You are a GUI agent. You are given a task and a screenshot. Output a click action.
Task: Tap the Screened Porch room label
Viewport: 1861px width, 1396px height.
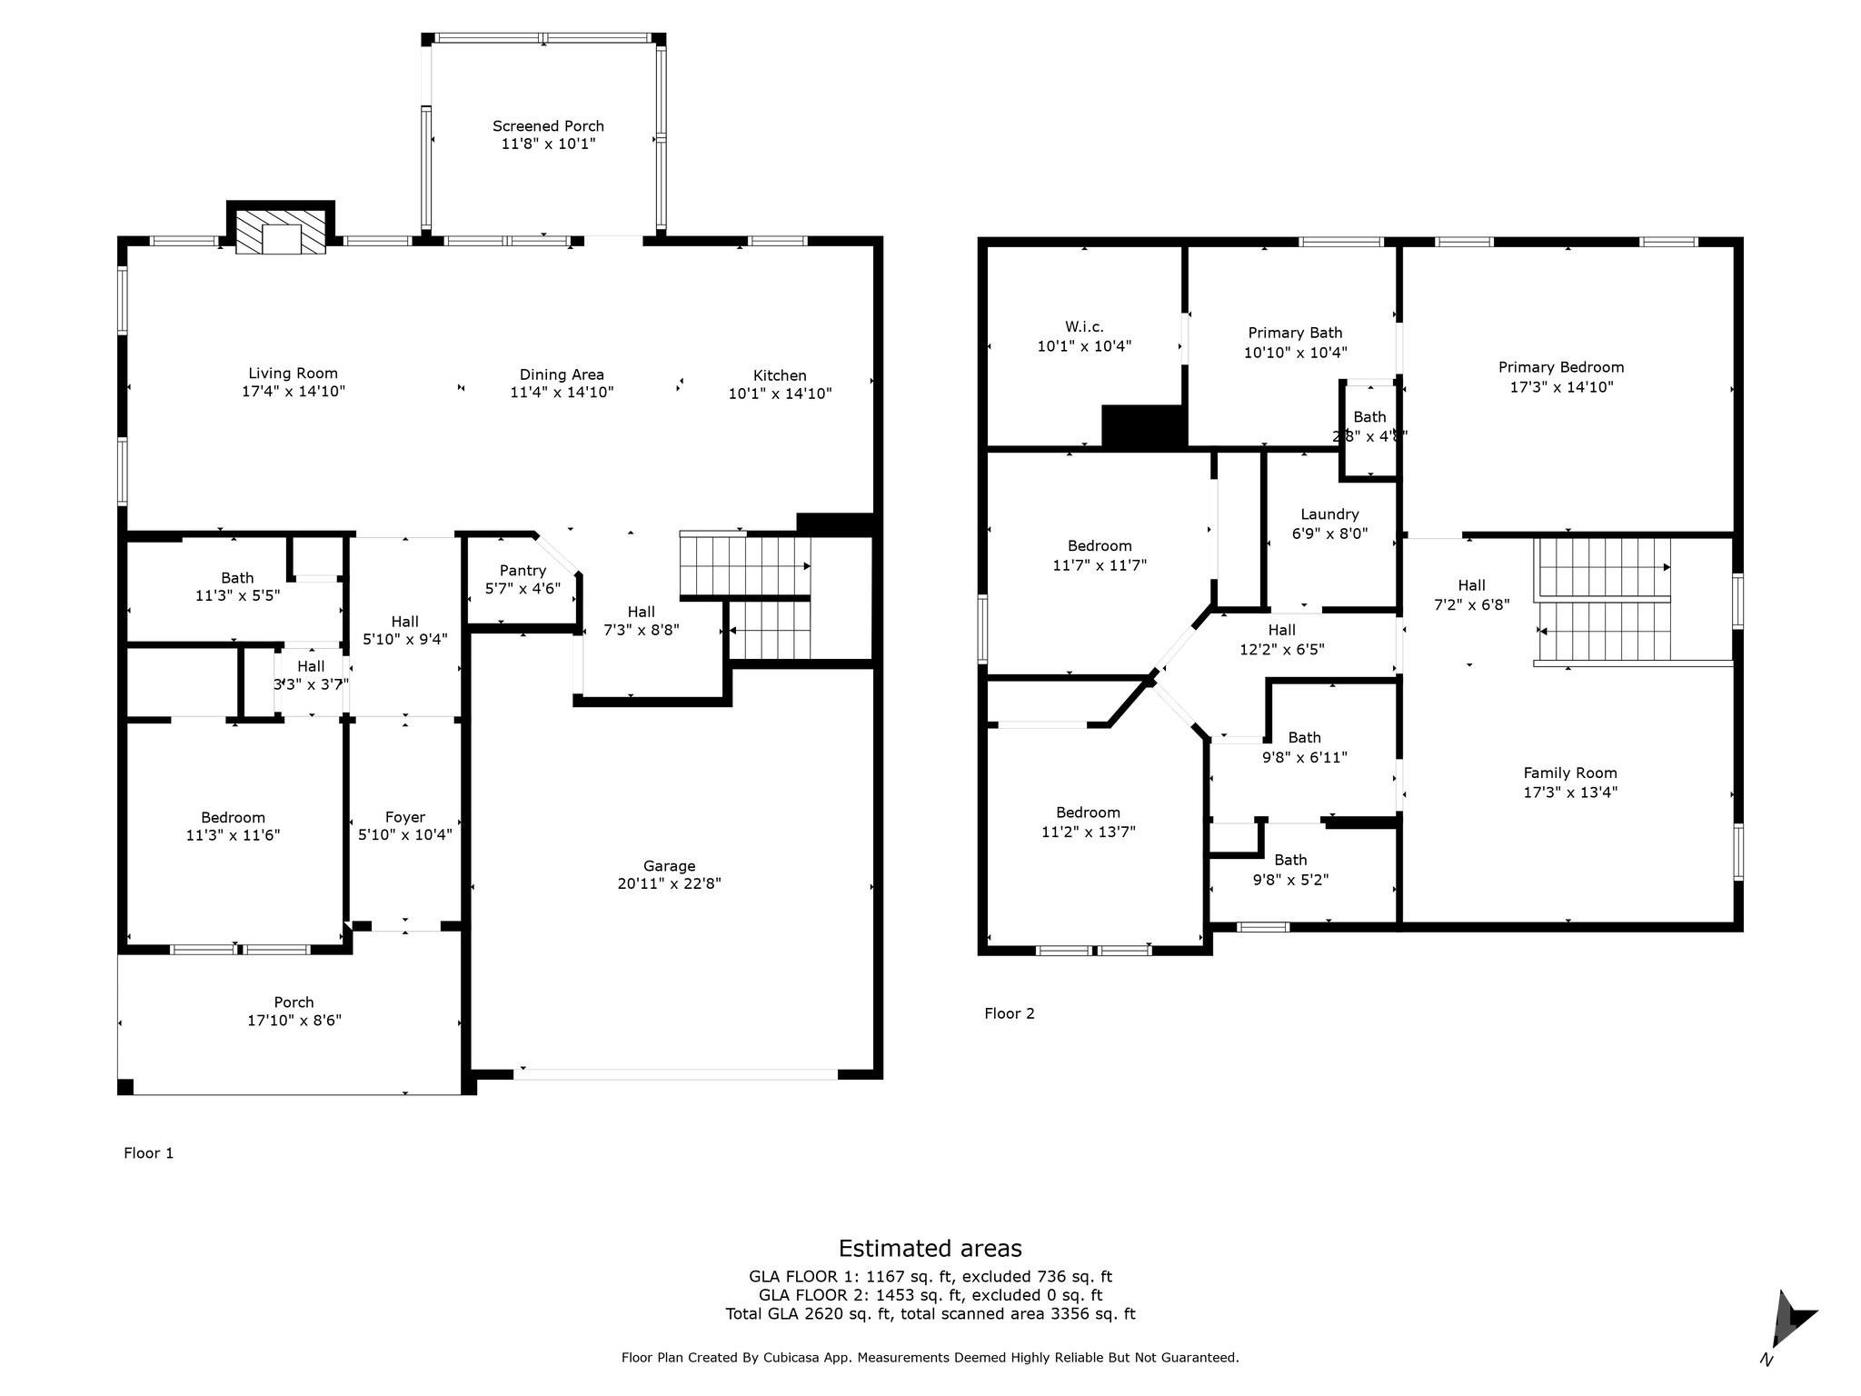pos(548,126)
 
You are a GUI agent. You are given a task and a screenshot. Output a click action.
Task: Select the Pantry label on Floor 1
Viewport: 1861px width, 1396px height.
pos(522,571)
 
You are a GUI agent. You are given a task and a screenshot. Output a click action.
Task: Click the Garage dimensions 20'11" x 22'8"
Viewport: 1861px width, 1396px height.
pos(669,883)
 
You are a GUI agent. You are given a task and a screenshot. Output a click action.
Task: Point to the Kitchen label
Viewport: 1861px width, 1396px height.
pos(780,375)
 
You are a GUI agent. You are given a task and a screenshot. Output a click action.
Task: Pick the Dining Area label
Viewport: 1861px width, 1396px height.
pos(562,374)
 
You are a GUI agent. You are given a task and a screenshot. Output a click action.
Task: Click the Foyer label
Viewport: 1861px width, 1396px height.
pos(404,817)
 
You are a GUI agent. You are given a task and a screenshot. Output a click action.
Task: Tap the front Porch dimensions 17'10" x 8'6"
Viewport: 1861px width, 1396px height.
pos(294,1021)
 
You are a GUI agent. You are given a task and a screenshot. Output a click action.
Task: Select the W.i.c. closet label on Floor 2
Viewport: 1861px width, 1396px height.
pos(1084,326)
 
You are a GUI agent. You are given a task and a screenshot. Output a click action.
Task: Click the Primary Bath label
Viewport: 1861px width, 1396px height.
pos(1295,333)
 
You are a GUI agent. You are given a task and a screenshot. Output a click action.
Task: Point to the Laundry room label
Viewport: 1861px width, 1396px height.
pos(1329,514)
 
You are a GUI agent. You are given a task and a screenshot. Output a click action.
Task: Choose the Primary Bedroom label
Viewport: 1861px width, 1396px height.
pos(1561,367)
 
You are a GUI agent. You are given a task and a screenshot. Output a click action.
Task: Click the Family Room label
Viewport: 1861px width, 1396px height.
pos(1570,773)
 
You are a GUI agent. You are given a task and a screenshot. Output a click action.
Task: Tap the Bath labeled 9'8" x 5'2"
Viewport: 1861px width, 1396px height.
pos(1290,870)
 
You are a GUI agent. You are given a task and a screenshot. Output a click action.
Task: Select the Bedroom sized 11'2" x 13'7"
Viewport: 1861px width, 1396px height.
pos(1088,822)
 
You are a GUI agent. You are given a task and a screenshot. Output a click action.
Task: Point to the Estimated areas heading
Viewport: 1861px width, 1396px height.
pos(930,1248)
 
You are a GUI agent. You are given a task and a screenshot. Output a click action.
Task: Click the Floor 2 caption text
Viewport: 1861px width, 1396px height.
pos(1010,1013)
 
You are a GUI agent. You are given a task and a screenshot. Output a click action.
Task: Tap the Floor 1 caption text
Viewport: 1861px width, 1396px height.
pos(148,1153)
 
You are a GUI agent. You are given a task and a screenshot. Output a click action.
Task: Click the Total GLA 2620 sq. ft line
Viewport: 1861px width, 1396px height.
pos(930,1313)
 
